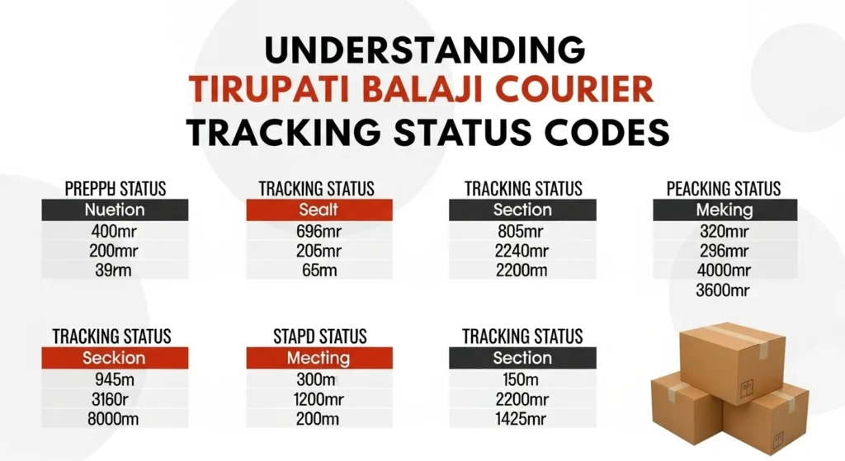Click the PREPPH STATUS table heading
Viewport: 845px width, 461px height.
tap(115, 189)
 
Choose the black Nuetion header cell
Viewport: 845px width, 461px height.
tap(115, 209)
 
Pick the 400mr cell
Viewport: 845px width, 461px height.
tap(115, 231)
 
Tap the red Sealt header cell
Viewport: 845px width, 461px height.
tap(319, 209)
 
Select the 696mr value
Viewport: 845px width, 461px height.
tap(319, 231)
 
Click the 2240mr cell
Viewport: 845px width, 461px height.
tap(522, 251)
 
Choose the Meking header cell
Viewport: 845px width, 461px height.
tap(725, 209)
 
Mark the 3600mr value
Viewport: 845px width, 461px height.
tap(725, 290)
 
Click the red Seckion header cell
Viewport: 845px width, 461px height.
tap(114, 358)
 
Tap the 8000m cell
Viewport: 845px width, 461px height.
tap(114, 419)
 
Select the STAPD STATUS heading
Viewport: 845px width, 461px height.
tap(319, 336)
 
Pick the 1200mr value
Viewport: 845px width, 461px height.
tap(319, 399)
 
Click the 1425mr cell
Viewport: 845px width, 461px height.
tap(522, 419)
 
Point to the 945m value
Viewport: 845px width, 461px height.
tap(114, 379)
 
